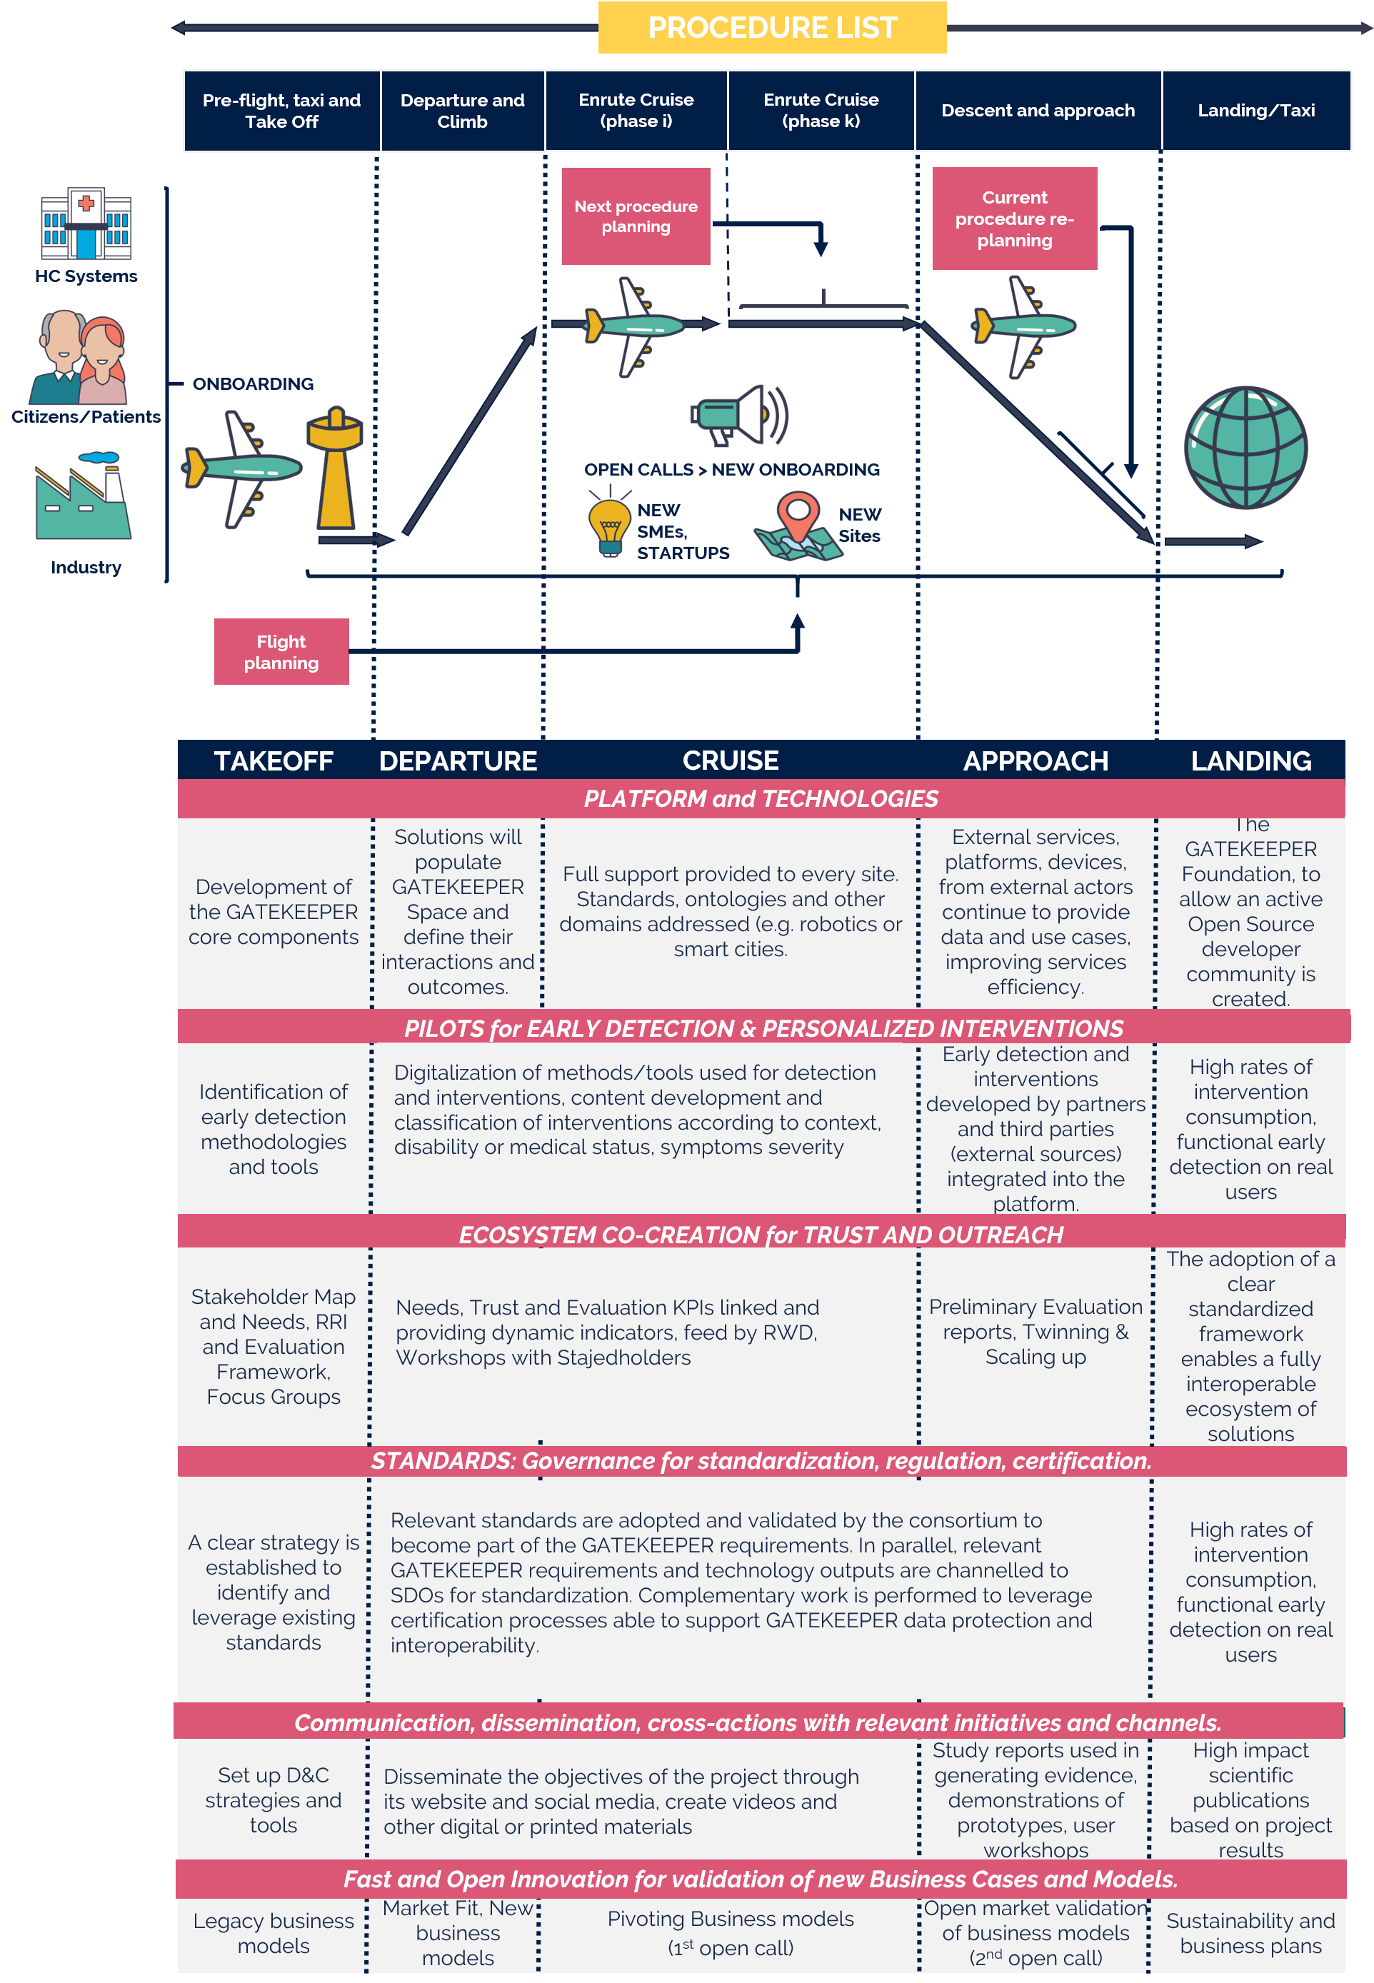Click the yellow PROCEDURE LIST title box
pyautogui.click(x=771, y=28)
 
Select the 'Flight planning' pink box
pyautogui.click(x=281, y=651)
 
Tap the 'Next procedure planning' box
pyautogui.click(x=636, y=216)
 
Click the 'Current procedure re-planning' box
pyautogui.click(x=1014, y=219)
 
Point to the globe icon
pyautogui.click(x=1245, y=448)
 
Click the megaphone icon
pyautogui.click(x=738, y=416)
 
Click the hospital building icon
pyautogui.click(x=86, y=224)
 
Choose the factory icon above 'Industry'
pyautogui.click(x=83, y=498)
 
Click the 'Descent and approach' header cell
pyautogui.click(x=1038, y=110)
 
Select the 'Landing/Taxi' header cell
pyautogui.click(x=1255, y=110)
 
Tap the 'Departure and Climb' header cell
pyautogui.click(x=462, y=110)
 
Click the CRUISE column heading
pyautogui.click(x=730, y=760)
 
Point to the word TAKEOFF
pyautogui.click(x=273, y=760)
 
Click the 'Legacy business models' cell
pyautogui.click(x=273, y=1933)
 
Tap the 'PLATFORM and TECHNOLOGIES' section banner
pyautogui.click(x=761, y=799)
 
